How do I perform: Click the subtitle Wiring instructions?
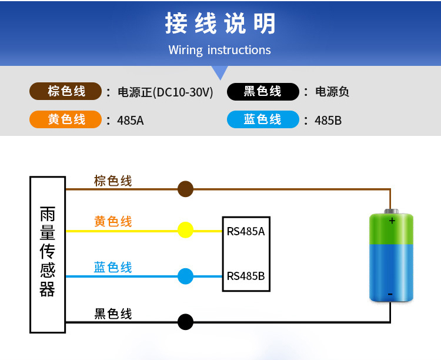click(x=219, y=50)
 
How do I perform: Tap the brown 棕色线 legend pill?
click(x=66, y=92)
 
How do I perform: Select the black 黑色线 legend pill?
click(x=263, y=92)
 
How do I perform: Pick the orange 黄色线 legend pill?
click(x=66, y=120)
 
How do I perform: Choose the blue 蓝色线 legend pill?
click(x=263, y=120)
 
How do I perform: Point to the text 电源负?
click(x=332, y=92)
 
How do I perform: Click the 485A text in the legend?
click(x=131, y=121)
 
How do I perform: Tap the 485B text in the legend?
click(x=328, y=121)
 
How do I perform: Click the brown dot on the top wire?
click(x=185, y=189)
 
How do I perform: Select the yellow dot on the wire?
click(x=185, y=230)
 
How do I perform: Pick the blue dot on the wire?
click(x=185, y=276)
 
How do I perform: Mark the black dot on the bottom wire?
click(x=185, y=322)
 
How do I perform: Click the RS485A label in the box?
click(x=246, y=231)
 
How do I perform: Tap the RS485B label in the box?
click(x=246, y=276)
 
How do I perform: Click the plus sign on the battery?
click(x=392, y=221)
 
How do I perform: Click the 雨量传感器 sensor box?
click(x=48, y=254)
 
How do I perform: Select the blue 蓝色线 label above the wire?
click(x=113, y=268)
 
